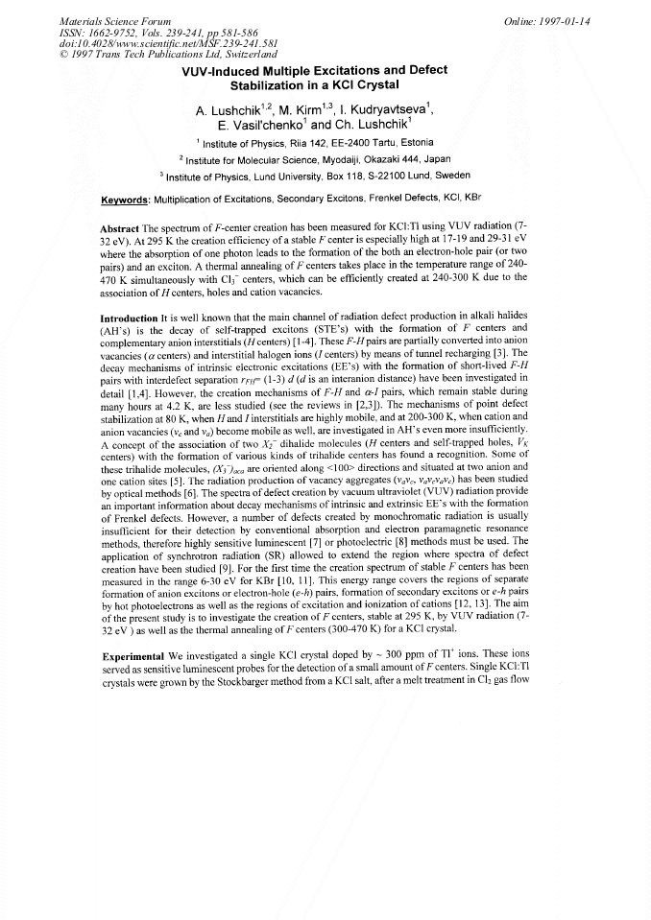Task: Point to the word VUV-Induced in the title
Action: [221, 71]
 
